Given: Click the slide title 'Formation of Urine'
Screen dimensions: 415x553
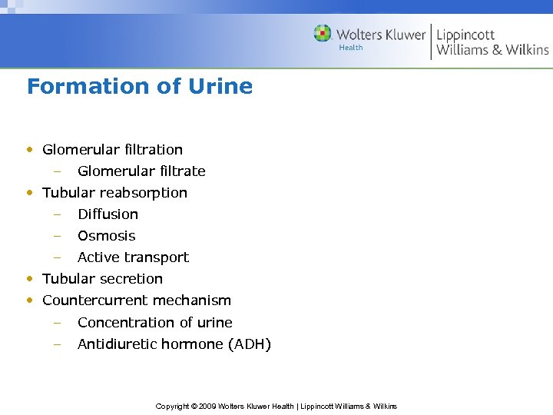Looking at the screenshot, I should [x=139, y=86].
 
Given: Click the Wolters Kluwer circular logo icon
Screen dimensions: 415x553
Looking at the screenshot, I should [x=323, y=34].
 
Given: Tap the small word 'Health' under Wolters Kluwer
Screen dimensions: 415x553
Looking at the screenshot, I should [x=351, y=48].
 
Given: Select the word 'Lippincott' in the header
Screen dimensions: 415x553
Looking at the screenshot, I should [x=465, y=35].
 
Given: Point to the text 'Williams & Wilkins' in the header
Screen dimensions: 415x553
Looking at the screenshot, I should [x=492, y=50].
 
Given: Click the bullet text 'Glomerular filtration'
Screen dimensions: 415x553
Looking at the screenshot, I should [x=112, y=149].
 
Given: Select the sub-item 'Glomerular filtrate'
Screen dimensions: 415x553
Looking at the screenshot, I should [x=141, y=171].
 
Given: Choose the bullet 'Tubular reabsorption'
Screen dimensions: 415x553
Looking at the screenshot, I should [x=114, y=192].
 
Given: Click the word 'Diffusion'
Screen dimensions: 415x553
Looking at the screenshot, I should [x=108, y=214].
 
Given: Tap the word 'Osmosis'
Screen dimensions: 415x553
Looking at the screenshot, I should [x=106, y=235].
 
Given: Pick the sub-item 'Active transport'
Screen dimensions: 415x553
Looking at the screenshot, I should [x=133, y=257].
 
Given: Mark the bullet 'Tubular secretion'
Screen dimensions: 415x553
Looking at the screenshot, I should [x=102, y=278].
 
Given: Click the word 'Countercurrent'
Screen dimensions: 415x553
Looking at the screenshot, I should [x=91, y=300].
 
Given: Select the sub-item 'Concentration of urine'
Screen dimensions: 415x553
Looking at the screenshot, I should [x=154, y=322].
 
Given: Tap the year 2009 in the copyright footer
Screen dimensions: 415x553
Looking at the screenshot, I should [x=206, y=406].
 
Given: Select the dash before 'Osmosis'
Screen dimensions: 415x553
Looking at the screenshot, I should [x=56, y=235].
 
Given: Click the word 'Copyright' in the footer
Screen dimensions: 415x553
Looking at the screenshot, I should [x=172, y=406].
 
